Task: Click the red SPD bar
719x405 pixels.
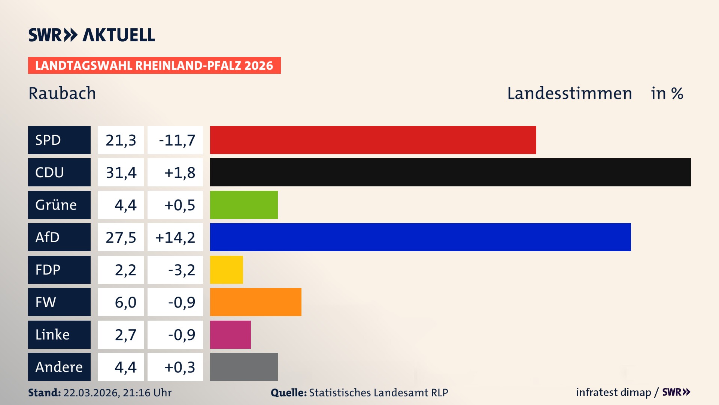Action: pyautogui.click(x=373, y=140)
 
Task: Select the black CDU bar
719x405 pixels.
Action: pyautogui.click(x=450, y=172)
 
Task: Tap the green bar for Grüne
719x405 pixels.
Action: pyautogui.click(x=244, y=205)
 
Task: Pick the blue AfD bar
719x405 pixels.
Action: pyautogui.click(x=420, y=237)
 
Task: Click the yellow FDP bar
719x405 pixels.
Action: pyautogui.click(x=226, y=270)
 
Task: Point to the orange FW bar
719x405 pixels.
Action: pyautogui.click(x=255, y=302)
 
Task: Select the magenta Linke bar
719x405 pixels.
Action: pyautogui.click(x=230, y=334)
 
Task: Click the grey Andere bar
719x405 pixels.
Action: pyautogui.click(x=244, y=367)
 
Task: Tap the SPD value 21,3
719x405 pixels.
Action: pyautogui.click(x=121, y=140)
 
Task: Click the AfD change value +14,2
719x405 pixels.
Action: pyautogui.click(x=175, y=237)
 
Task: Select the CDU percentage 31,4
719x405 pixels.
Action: pyautogui.click(x=121, y=172)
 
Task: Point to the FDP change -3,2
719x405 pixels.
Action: pyautogui.click(x=181, y=270)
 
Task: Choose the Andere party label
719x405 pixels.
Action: pyautogui.click(x=59, y=367)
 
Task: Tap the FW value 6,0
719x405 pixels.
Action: pyautogui.click(x=125, y=302)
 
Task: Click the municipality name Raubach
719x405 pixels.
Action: pyautogui.click(x=62, y=93)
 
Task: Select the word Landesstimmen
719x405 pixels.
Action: pyautogui.click(x=569, y=93)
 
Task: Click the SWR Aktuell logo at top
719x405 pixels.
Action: pyautogui.click(x=91, y=35)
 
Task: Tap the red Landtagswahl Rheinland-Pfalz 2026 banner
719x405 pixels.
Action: pyautogui.click(x=154, y=65)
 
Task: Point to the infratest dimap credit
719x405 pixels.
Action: pyautogui.click(x=613, y=392)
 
